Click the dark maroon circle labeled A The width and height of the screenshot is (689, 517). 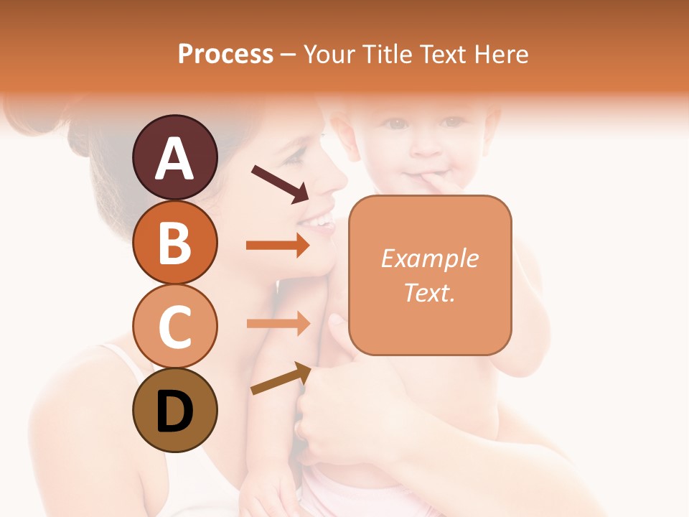[x=174, y=157]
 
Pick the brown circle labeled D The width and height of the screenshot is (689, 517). [x=174, y=410]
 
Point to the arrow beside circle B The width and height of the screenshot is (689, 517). [x=278, y=246]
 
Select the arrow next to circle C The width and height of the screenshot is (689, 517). [x=278, y=323]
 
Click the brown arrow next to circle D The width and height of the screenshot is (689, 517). [x=281, y=378]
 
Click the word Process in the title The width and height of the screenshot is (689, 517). [x=225, y=54]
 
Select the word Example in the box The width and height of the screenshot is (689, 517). [x=429, y=258]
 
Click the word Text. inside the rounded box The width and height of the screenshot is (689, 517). [x=429, y=292]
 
